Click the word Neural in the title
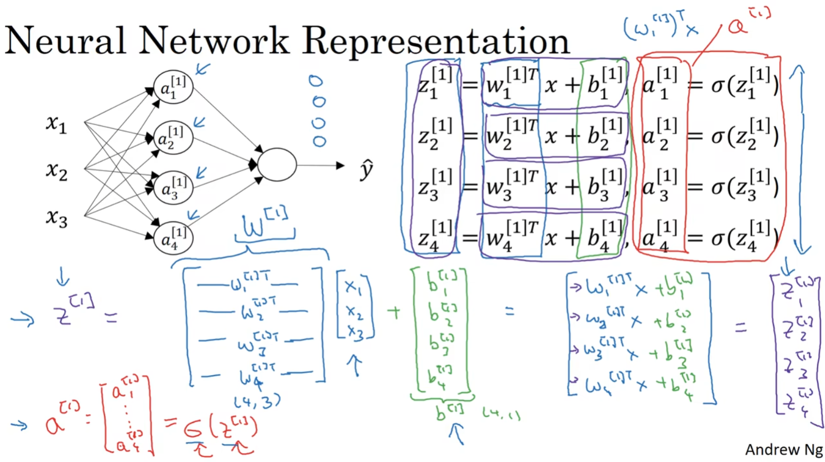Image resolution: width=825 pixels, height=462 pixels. coord(65,41)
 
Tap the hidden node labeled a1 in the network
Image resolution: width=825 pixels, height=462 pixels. coord(173,87)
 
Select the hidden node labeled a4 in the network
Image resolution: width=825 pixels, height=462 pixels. coord(173,238)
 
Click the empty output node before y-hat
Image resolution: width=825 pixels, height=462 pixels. coord(277,165)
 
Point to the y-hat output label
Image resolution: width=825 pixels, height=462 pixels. coord(366,169)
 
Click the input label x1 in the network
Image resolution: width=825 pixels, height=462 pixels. coord(56,124)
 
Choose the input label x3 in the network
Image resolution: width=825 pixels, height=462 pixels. coord(56,217)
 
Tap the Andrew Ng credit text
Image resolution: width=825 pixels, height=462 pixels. coord(783,450)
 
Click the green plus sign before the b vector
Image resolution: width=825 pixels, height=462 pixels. coord(394,312)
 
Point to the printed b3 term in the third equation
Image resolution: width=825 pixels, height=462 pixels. coord(603,187)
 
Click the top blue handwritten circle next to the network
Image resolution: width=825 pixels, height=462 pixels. coord(315,81)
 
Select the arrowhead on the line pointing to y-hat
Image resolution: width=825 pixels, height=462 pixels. coord(340,166)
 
